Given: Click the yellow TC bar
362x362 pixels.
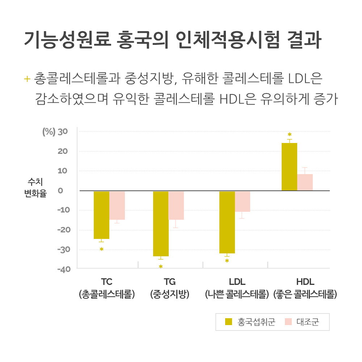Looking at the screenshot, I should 101,215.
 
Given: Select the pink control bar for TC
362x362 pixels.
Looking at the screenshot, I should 117,205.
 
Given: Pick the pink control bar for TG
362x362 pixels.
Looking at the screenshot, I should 176,205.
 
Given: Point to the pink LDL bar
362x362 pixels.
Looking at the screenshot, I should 242,201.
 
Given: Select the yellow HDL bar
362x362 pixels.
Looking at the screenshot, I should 289,167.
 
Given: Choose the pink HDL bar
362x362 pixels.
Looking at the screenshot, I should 305,182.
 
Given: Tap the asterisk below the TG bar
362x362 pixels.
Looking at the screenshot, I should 161,267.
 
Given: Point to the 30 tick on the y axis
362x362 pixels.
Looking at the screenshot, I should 63,131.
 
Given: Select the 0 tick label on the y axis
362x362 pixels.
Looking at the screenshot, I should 60,190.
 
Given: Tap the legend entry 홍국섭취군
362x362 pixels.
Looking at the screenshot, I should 250,322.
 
